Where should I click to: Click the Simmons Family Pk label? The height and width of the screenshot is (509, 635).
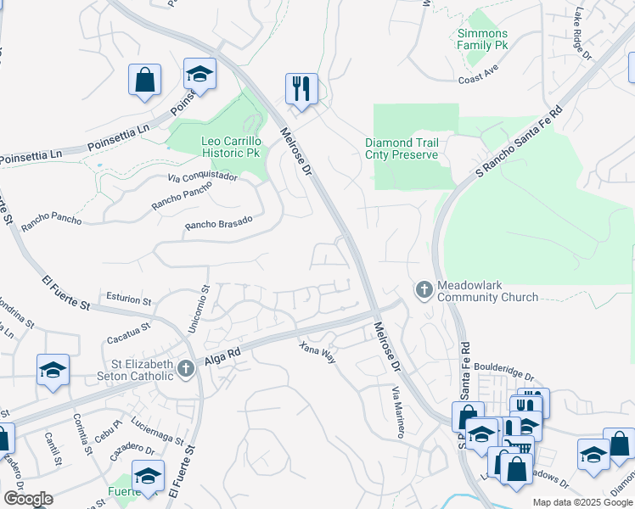pyautogui.click(x=482, y=39)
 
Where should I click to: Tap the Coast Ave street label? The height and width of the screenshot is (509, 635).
pyautogui.click(x=477, y=77)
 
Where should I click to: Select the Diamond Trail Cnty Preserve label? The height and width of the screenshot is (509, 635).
pyautogui.click(x=402, y=148)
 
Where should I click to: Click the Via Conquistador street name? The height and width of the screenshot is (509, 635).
pyautogui.click(x=202, y=178)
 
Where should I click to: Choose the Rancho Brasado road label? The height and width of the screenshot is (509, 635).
pyautogui.click(x=219, y=223)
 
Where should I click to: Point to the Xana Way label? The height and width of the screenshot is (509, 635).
pyautogui.click(x=317, y=352)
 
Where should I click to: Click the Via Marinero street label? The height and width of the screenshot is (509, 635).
pyautogui.click(x=397, y=411)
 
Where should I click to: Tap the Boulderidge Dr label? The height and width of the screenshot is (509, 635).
pyautogui.click(x=504, y=375)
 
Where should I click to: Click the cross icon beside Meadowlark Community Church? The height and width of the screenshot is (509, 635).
pyautogui.click(x=424, y=291)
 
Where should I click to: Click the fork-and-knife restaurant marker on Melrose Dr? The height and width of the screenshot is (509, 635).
pyautogui.click(x=301, y=88)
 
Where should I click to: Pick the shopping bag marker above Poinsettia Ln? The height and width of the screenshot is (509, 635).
pyautogui.click(x=145, y=80)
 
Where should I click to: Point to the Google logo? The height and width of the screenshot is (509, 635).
pyautogui.click(x=28, y=499)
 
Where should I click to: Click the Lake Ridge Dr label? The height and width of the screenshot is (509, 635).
pyautogui.click(x=582, y=34)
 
